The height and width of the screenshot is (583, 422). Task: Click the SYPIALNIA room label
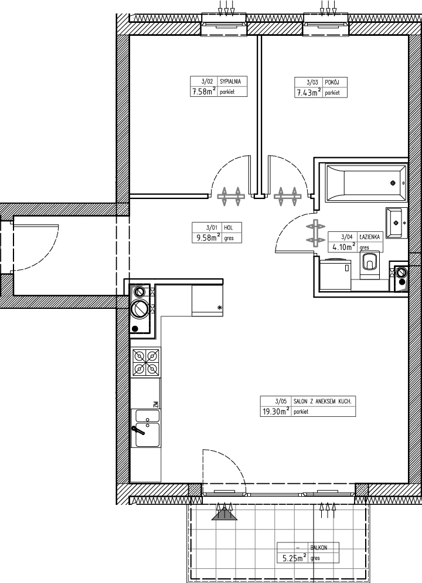pos(230,82)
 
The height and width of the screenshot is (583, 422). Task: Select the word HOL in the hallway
pos(228,228)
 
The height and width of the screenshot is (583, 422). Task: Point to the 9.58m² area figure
pos(206,238)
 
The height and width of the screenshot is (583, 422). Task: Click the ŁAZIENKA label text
pos(369,237)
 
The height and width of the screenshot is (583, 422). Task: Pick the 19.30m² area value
pos(276,411)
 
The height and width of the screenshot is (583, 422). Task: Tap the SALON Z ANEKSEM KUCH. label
pos(322,402)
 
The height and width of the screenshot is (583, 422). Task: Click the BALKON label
pos(319,548)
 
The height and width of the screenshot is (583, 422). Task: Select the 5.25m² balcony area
pos(294,558)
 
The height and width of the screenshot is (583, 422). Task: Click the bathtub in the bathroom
pos(366,183)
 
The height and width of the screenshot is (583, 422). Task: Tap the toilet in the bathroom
pos(370,264)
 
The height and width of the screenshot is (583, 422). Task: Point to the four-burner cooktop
pos(145,362)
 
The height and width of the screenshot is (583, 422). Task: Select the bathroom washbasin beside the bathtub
pos(396,223)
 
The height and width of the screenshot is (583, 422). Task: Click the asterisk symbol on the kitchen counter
pos(219,308)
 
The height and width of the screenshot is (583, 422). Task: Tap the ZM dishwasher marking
pos(156,405)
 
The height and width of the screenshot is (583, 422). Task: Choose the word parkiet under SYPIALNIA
pos(227,92)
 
